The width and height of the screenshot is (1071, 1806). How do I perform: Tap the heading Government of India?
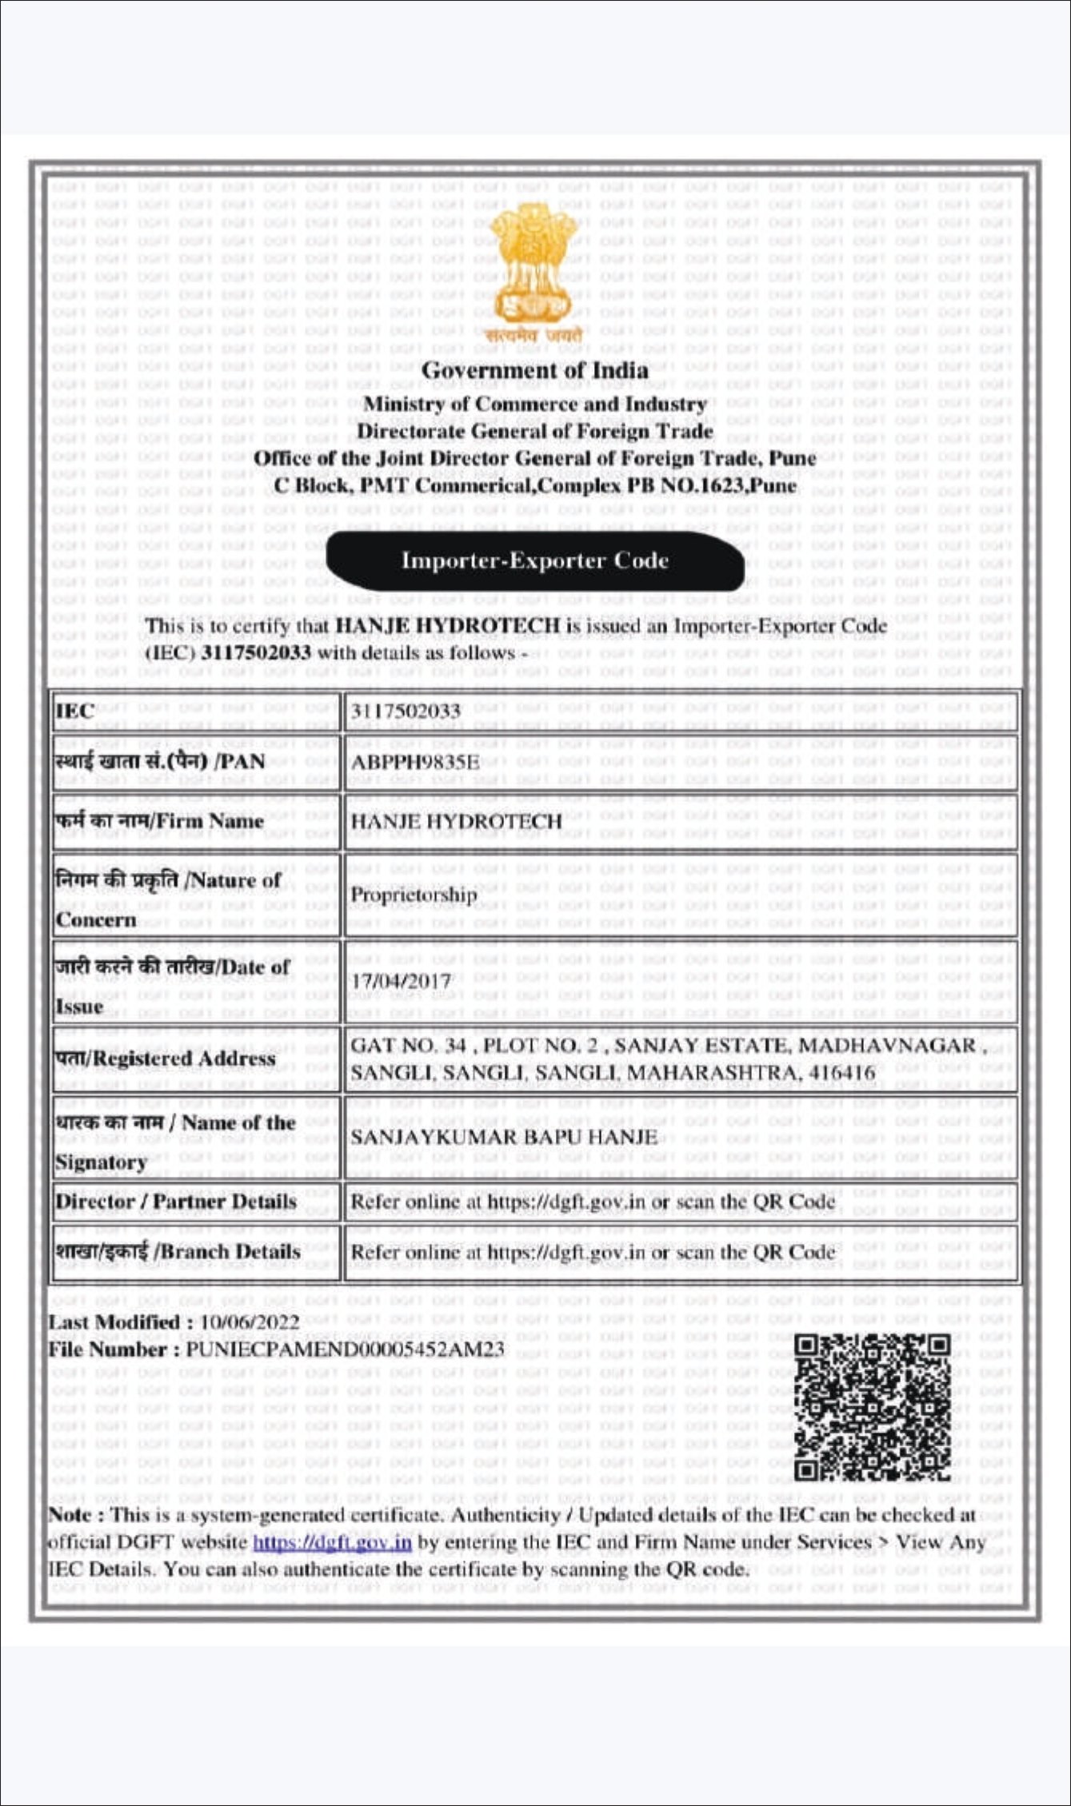coord(534,371)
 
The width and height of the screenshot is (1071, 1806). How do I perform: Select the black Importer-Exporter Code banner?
coord(534,560)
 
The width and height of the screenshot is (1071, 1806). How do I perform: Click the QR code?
coord(872,1407)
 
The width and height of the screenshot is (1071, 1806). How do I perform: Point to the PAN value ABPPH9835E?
coord(415,762)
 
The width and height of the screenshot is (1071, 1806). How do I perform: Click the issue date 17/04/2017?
coord(402,981)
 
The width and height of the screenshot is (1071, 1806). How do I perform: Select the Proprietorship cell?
coord(414,895)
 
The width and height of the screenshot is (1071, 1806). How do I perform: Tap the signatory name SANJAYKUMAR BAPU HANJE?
coord(504,1137)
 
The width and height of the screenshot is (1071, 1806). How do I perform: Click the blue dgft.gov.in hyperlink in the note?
coord(332,1542)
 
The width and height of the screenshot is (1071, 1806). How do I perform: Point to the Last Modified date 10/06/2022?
coord(250,1322)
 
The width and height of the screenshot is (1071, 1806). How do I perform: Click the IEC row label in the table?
coord(75,711)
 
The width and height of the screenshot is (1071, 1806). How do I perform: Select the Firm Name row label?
coord(159,821)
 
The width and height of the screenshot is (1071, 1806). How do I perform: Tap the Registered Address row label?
coord(166,1059)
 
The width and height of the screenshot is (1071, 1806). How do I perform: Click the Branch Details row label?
coord(178,1252)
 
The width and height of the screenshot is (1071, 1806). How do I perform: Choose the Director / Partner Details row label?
coord(176,1202)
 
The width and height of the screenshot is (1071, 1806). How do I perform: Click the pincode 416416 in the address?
coord(842,1073)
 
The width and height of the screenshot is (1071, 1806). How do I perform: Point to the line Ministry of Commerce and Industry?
coord(534,405)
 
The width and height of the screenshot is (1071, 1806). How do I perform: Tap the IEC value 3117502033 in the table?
coord(406,711)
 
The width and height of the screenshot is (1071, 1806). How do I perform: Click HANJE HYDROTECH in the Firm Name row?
coord(457,821)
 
